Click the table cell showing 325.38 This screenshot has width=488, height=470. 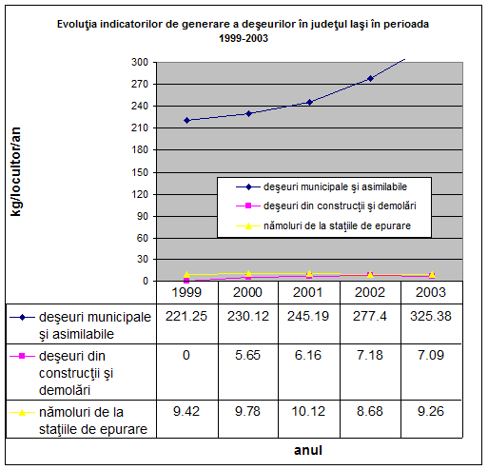pyautogui.click(x=431, y=316)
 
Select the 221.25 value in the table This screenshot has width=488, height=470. pyautogui.click(x=186, y=316)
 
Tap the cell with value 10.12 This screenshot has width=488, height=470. pyautogui.click(x=308, y=411)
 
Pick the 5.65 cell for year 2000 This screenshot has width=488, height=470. pyautogui.click(x=247, y=355)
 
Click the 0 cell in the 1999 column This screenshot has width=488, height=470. pyautogui.click(x=186, y=355)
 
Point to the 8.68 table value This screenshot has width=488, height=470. pyautogui.click(x=370, y=411)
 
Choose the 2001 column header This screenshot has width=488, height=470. pyautogui.click(x=307, y=292)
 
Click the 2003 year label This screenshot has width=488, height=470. pyautogui.click(x=431, y=292)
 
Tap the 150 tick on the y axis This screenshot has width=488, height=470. pyautogui.click(x=140, y=172)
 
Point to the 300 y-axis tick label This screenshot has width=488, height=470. pyautogui.click(x=140, y=62)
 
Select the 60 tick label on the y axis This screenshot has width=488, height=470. pyautogui.click(x=143, y=238)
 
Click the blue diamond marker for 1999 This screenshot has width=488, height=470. pyautogui.click(x=186, y=120)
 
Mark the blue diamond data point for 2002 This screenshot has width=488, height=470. pyautogui.click(x=370, y=78)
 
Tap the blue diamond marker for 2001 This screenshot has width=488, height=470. pyautogui.click(x=309, y=102)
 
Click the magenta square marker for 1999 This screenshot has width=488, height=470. pyautogui.click(x=186, y=281)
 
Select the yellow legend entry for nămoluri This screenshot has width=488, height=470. pyautogui.click(x=323, y=225)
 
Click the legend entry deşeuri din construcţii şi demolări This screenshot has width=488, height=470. pyautogui.click(x=326, y=206)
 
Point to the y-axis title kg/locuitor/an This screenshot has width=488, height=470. pyautogui.click(x=15, y=171)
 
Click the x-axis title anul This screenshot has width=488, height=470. pyautogui.click(x=308, y=450)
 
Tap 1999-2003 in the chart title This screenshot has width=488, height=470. pyautogui.click(x=244, y=38)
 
